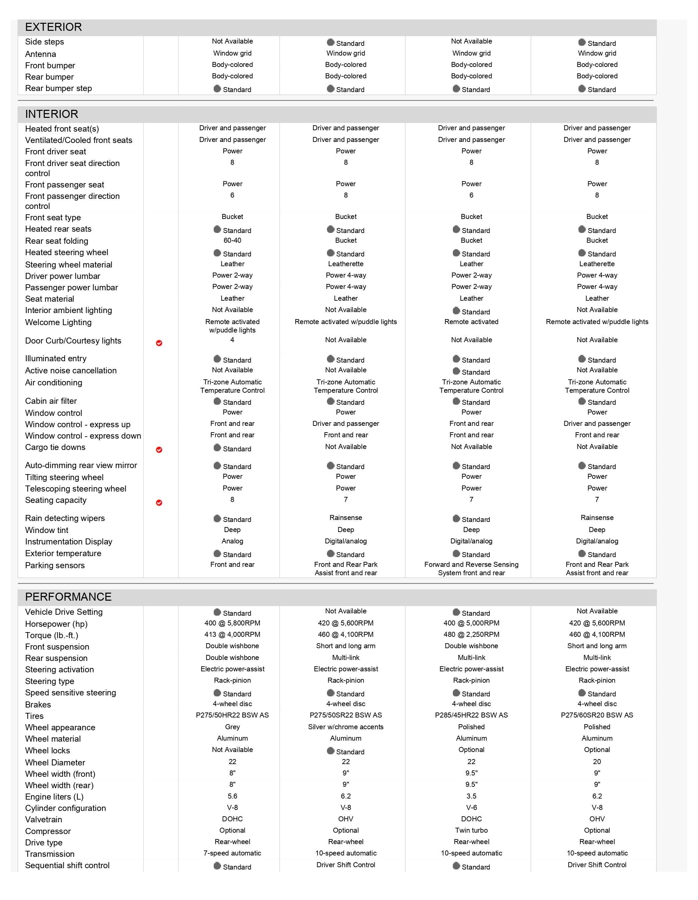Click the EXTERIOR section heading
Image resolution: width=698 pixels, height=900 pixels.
[54, 27]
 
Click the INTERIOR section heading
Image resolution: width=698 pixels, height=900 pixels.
[52, 114]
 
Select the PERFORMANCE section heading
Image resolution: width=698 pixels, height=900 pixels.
[68, 597]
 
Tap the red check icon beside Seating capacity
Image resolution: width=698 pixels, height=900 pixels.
[159, 503]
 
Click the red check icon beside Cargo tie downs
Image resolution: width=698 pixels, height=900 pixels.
[159, 450]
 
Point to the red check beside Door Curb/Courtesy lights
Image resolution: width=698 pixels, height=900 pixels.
[159, 343]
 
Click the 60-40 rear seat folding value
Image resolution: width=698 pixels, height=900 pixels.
[232, 241]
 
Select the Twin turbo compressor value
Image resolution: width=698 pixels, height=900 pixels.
[471, 830]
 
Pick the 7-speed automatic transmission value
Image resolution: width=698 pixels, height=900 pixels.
[232, 853]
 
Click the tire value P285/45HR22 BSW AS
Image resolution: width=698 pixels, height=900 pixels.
[471, 716]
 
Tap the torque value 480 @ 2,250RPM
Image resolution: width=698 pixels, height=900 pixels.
[471, 634]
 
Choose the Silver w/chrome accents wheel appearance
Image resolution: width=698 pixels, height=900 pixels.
[346, 727]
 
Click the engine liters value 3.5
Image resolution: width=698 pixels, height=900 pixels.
[471, 796]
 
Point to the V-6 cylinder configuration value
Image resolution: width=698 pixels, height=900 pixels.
[471, 808]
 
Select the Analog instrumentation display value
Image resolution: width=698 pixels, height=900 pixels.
[232, 541]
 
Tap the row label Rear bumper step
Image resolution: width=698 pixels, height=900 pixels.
[59, 89]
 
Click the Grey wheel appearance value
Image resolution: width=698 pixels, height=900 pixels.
[232, 727]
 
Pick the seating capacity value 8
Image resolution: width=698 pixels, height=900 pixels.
[232, 500]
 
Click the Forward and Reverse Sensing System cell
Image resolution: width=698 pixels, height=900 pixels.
[471, 569]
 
